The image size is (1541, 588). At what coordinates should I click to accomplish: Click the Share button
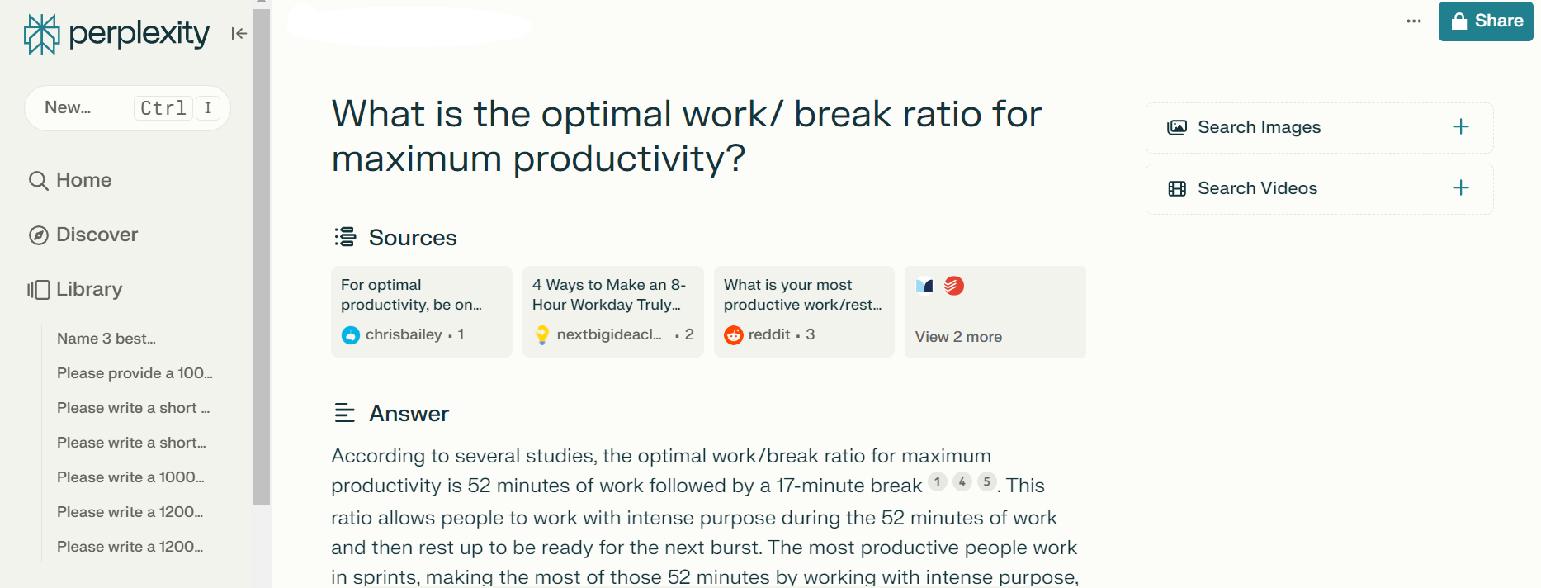coord(1486,21)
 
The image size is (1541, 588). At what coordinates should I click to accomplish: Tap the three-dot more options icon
coord(1414,21)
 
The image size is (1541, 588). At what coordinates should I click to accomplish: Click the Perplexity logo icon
coord(41,34)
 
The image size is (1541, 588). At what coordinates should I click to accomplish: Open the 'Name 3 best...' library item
coord(106,339)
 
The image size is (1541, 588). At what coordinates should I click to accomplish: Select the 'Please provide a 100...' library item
coord(135,373)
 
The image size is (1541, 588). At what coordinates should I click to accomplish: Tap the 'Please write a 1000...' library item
coord(130,477)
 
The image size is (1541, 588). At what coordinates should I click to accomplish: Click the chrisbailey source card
coord(421,311)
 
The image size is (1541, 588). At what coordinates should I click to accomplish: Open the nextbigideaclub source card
coord(612,311)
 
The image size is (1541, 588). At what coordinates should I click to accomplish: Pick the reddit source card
coord(804,311)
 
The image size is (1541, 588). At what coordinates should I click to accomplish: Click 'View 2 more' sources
coord(958,337)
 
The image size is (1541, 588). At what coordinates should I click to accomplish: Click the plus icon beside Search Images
coord(1461,127)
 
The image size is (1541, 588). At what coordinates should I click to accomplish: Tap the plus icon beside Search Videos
coord(1461,188)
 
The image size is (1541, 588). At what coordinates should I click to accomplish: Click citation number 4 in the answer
coord(962,481)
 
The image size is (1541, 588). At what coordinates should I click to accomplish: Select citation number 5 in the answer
coord(987,481)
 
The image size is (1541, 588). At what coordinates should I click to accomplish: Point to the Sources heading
coord(412,238)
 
